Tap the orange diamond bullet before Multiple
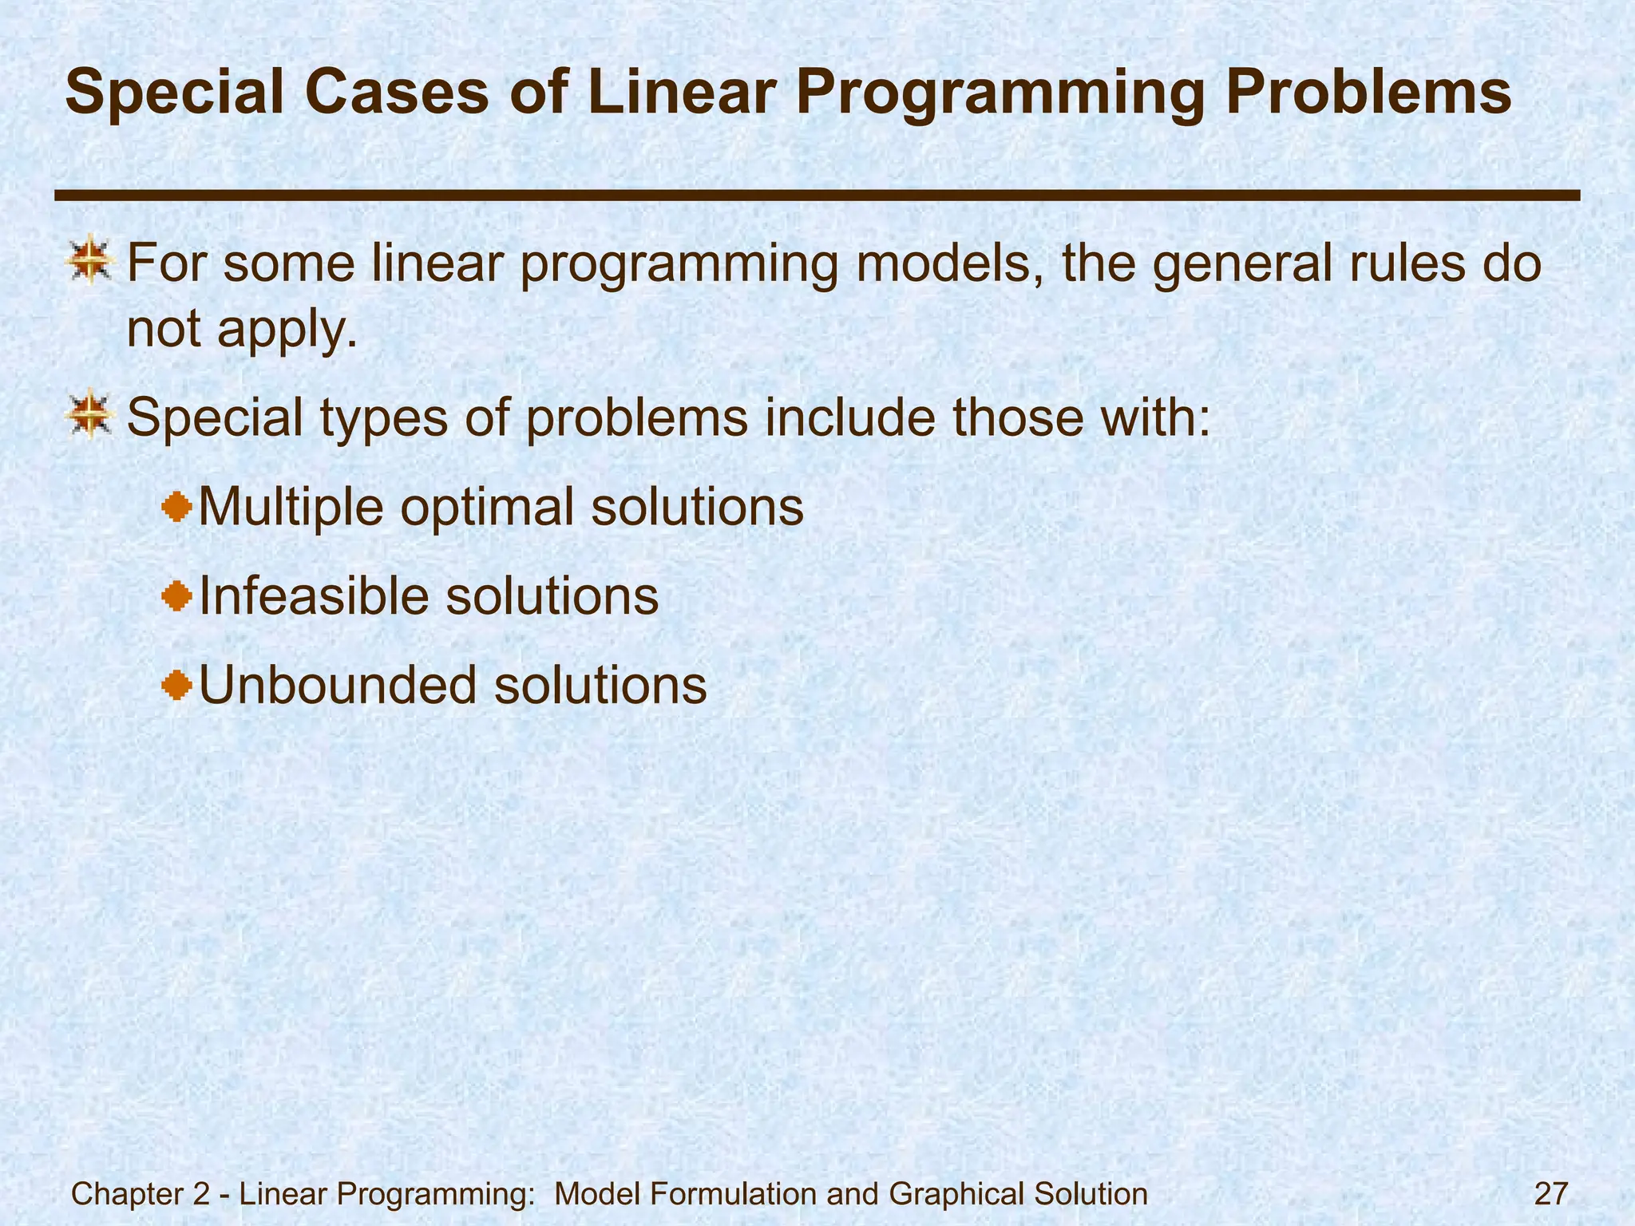[177, 506]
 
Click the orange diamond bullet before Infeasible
[177, 595]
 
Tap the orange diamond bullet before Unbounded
[177, 685]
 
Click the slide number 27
[1551, 1173]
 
